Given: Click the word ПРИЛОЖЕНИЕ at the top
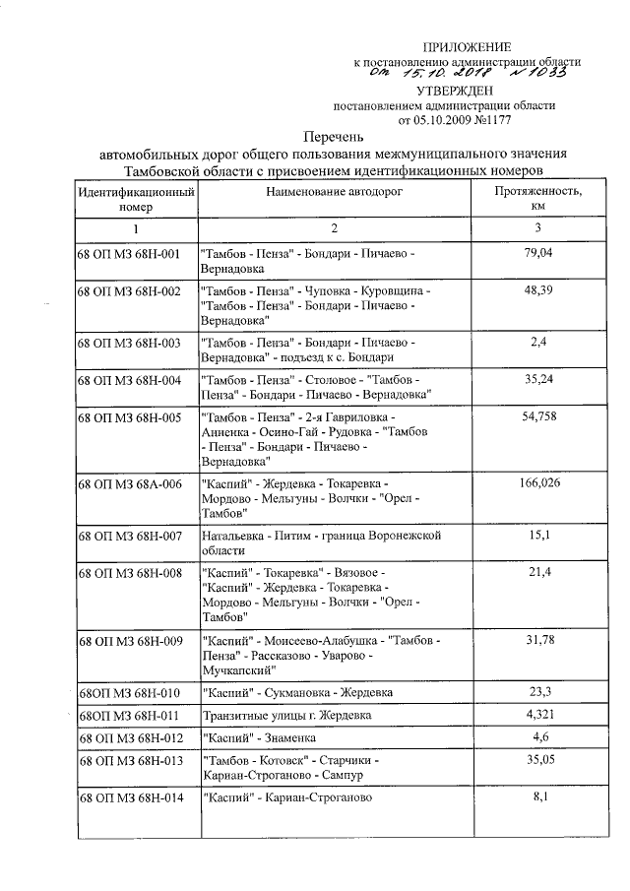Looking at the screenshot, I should [468, 47].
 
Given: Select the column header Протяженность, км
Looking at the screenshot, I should [538, 199].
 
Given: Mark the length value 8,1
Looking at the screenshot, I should [538, 796].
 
